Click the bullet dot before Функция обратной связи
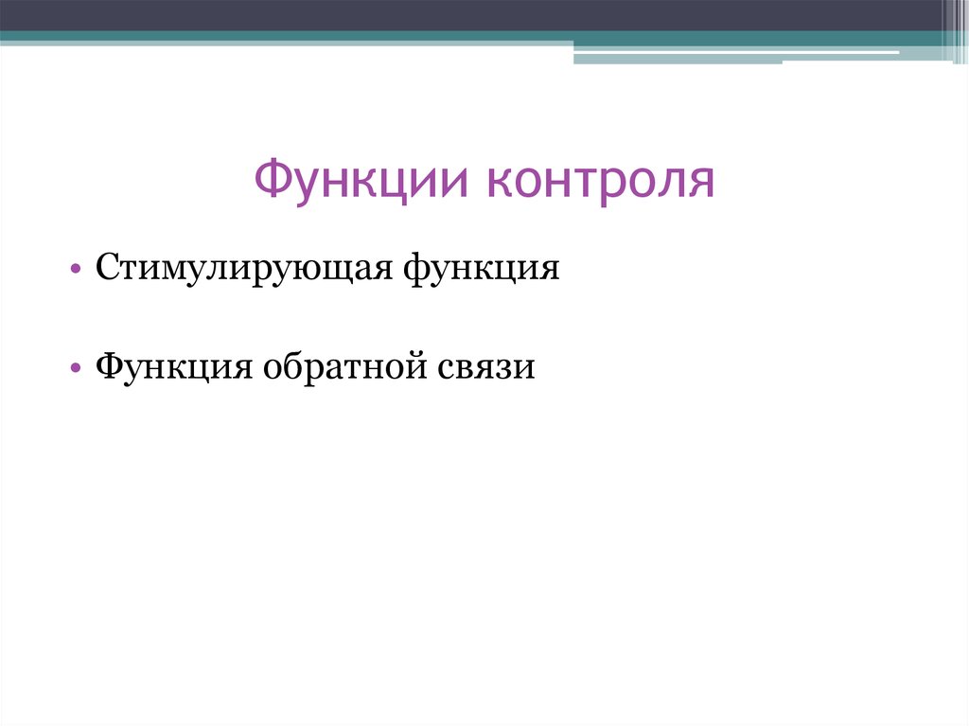click(x=75, y=367)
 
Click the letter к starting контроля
click(x=500, y=183)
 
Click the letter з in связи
click(x=505, y=366)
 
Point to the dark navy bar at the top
click(x=473, y=14)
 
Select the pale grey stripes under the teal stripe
click(x=738, y=56)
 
